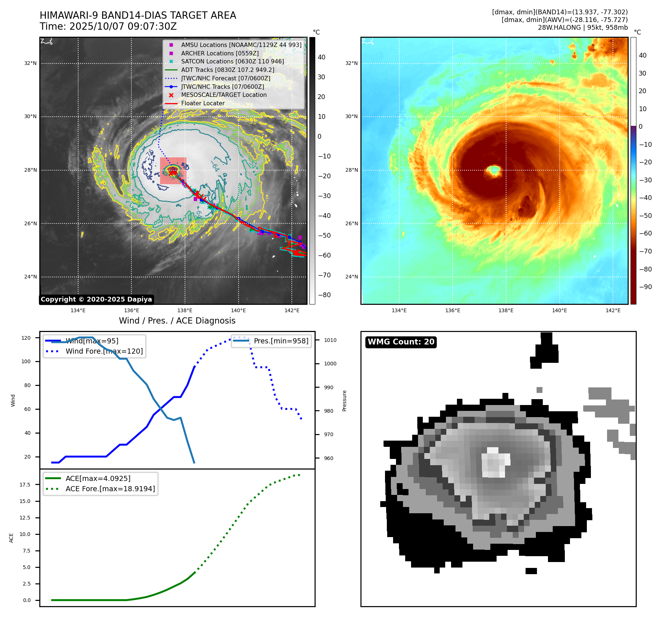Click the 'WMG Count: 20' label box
401,342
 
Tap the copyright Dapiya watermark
96,299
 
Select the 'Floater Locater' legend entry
203,103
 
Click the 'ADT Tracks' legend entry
228,70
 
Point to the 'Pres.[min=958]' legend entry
281,341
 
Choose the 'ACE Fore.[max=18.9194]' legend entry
110,489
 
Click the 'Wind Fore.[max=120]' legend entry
104,351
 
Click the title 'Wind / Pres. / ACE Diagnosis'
177,321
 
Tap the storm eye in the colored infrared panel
493,170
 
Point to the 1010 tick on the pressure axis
330,340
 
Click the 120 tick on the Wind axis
26,338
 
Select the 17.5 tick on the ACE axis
25,485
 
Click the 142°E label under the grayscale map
292,310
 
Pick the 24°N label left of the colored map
351,277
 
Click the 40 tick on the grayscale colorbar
322,57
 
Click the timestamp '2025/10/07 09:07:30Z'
123,26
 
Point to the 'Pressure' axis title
344,401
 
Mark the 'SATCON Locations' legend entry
232,61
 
